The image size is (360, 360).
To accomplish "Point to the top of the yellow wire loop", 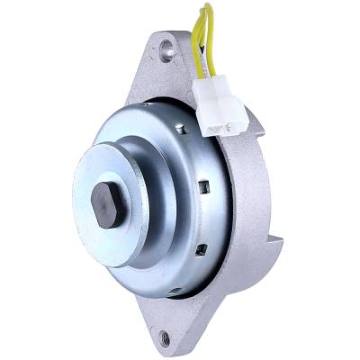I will pyautogui.click(x=209, y=9).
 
